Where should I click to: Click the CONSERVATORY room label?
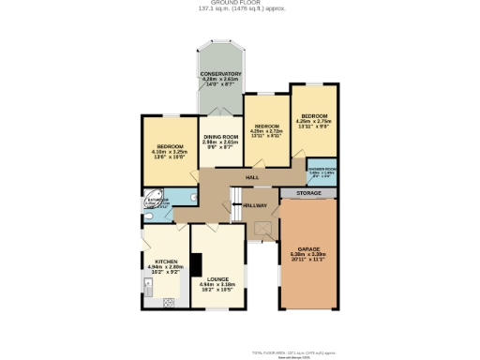coord(220,74)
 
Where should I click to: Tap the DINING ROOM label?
coord(221,137)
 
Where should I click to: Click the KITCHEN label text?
coord(166,262)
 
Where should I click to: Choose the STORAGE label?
coord(308,192)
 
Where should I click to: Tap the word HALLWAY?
coord(255,205)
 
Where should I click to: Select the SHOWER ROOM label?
coord(322,169)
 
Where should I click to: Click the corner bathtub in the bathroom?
coord(151,200)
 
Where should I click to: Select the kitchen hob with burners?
coord(169,302)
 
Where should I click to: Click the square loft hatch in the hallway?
coord(263,225)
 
